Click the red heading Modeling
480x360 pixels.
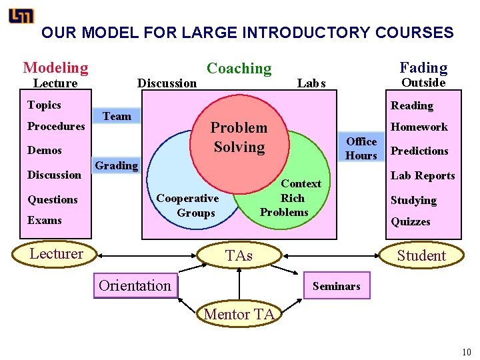point(55,67)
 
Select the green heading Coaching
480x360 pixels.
point(239,68)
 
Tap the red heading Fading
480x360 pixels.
point(423,67)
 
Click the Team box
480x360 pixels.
point(117,116)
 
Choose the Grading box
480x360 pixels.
point(117,165)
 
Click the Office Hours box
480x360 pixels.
point(361,148)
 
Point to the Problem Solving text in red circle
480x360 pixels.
point(239,137)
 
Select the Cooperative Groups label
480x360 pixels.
point(187,205)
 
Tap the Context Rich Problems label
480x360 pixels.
point(284,198)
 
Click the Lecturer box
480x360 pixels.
point(56,253)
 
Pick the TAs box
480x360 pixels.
point(239,255)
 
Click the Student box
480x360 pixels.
point(421,255)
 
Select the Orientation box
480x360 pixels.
point(135,285)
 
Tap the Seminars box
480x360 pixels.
point(336,286)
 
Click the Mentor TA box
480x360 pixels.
point(239,314)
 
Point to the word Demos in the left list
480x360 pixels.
point(45,151)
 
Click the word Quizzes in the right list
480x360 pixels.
point(411,221)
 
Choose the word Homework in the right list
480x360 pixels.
point(419,127)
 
